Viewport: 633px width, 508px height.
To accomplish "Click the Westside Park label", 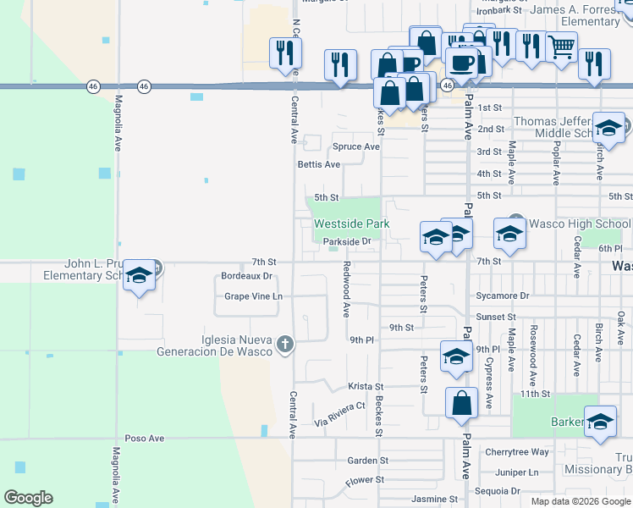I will pos(351,224).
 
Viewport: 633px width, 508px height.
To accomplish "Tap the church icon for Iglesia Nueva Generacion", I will pos(286,345).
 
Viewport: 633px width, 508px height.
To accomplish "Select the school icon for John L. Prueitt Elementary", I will pos(140,276).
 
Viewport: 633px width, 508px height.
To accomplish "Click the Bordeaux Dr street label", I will pos(246,276).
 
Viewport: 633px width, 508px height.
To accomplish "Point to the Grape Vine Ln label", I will pos(253,296).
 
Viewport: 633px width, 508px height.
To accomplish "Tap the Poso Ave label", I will pos(144,439).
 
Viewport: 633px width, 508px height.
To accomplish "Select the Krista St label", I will pos(366,386).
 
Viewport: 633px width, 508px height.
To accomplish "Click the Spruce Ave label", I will pos(356,146).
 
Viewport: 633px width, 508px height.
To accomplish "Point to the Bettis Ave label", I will pos(319,164).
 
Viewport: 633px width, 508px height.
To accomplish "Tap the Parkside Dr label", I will pos(348,241).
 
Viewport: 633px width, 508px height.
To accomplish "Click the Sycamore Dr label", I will pos(502,296).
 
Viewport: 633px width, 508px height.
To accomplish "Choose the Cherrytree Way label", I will pos(517,452).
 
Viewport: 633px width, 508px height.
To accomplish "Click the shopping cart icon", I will pos(561,47).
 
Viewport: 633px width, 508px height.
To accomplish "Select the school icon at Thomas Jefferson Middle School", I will pos(608,129).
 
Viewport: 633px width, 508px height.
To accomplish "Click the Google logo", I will pos(28,498).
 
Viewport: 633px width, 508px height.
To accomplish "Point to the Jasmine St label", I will pos(434,500).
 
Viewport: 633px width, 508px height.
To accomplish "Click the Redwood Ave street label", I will pos(346,289).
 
